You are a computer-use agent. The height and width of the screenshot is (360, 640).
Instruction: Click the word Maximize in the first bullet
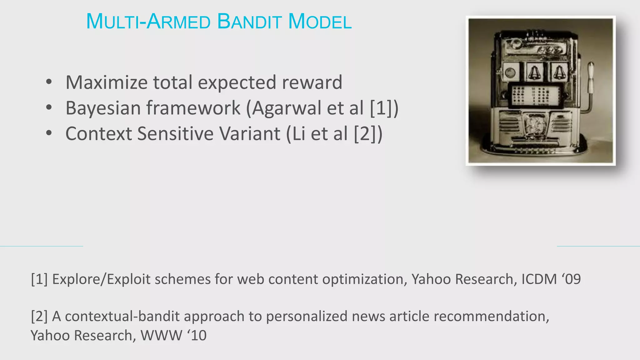107,82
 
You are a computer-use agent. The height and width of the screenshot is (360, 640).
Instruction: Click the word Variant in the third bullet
250,134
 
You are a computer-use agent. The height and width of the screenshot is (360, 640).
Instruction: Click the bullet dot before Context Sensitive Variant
49,133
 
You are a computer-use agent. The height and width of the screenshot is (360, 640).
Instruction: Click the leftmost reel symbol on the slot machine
510,72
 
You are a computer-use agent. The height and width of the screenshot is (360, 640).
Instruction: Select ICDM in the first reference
539,279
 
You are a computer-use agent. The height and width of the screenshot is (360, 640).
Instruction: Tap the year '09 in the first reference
572,279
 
